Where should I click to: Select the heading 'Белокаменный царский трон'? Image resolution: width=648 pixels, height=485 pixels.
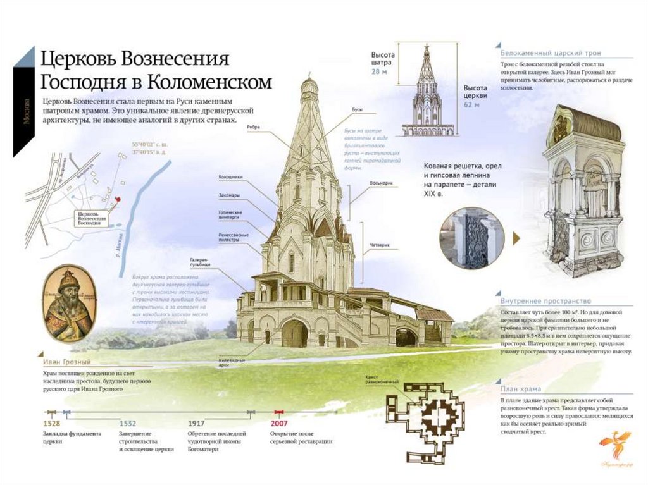[551, 53]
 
